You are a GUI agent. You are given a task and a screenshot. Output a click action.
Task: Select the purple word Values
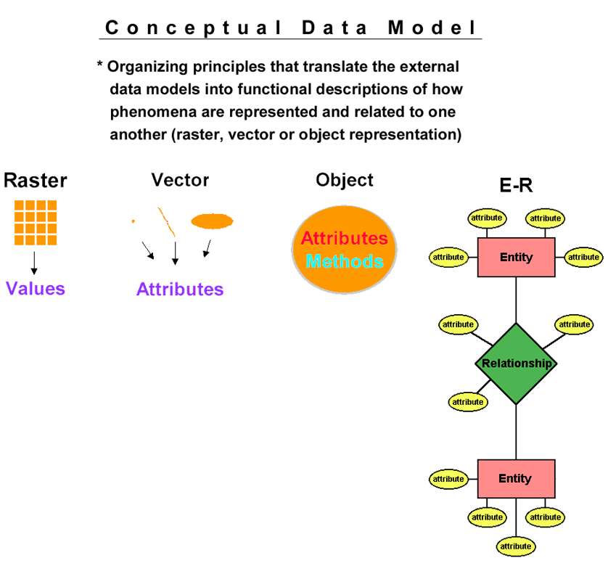[x=36, y=289]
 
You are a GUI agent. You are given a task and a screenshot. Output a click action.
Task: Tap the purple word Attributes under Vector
[x=180, y=290]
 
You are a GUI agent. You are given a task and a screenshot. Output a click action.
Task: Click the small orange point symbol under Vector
[x=133, y=221]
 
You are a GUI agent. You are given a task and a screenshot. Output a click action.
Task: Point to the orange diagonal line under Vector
[x=166, y=221]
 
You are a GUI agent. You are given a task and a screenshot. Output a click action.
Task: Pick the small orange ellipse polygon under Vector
[x=212, y=221]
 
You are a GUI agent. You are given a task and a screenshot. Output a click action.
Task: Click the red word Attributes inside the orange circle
[x=344, y=238]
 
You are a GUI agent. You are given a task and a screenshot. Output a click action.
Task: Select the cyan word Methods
[x=344, y=261]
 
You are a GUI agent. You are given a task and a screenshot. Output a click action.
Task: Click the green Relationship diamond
[x=516, y=364]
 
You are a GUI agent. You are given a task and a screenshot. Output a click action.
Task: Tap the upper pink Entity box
[x=516, y=257]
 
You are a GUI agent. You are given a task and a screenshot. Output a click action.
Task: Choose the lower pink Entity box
[x=516, y=478]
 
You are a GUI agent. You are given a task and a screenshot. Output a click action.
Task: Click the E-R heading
[x=516, y=186]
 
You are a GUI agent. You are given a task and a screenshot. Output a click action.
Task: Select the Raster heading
[x=35, y=181]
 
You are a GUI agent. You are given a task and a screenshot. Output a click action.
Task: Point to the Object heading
[x=345, y=180]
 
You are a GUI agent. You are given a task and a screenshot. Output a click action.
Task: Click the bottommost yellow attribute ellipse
[x=516, y=546]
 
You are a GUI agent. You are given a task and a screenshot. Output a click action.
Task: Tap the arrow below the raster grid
[x=34, y=262]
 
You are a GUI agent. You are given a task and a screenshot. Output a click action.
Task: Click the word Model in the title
[x=433, y=28]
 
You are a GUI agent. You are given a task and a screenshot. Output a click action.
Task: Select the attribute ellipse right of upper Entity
[x=584, y=257]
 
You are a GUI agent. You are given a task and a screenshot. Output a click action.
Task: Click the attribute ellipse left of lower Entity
[x=448, y=479]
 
